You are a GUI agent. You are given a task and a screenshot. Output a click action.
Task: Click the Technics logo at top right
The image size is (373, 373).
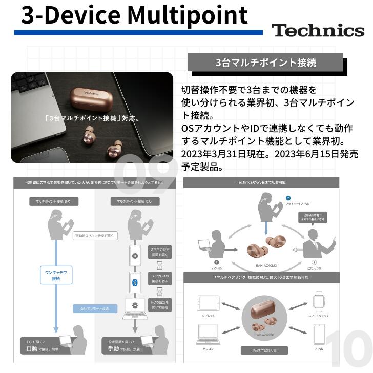pyautogui.click(x=318, y=30)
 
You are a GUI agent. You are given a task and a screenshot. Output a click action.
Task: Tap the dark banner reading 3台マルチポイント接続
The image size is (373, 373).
pyautogui.click(x=265, y=63)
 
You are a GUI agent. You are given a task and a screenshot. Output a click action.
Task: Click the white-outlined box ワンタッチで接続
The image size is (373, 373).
pyautogui.click(x=53, y=275)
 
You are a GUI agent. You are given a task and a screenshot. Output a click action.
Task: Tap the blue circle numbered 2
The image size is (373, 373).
pyautogui.click(x=288, y=198)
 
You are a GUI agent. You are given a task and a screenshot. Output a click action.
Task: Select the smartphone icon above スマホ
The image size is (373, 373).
pyautogui.click(x=318, y=336)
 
